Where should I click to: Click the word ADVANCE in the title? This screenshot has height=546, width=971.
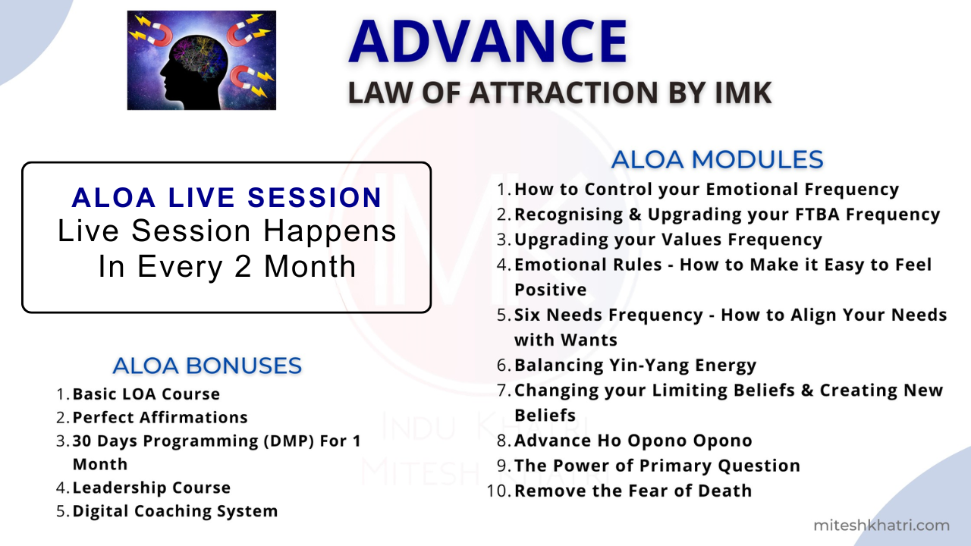coord(488,41)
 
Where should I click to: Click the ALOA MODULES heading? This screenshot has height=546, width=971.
coord(717,159)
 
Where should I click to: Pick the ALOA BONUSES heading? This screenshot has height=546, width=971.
coord(207,366)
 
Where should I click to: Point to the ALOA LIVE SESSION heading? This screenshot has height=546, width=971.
coord(227,198)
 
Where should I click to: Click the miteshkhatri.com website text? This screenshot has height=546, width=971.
coord(881,526)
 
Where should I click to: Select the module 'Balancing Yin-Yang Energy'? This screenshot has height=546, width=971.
coord(635,366)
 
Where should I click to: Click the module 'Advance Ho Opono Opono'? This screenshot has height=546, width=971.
coord(633,441)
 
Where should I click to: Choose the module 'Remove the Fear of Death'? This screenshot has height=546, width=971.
coord(633,491)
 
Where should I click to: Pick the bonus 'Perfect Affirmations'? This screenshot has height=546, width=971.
coord(160,417)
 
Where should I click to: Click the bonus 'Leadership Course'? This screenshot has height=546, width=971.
coord(151,488)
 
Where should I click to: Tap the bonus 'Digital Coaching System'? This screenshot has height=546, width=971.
coord(175,511)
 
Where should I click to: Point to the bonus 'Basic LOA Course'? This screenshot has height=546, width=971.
coord(146,394)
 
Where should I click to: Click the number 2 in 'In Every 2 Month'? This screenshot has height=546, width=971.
coord(243,266)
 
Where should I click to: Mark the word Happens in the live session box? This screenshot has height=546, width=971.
coord(330,232)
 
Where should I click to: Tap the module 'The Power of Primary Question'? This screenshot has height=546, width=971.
coord(657,466)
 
